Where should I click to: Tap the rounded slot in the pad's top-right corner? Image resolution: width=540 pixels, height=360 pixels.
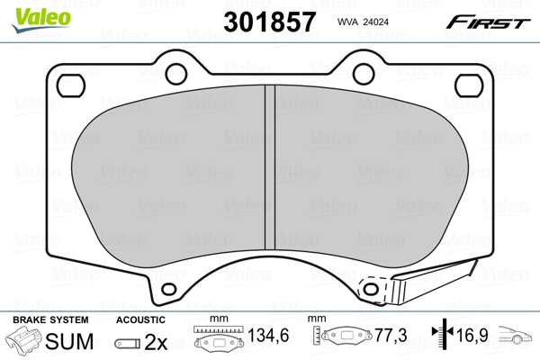click(470, 85)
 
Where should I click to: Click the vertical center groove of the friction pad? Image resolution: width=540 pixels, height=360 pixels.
click(268, 170)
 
